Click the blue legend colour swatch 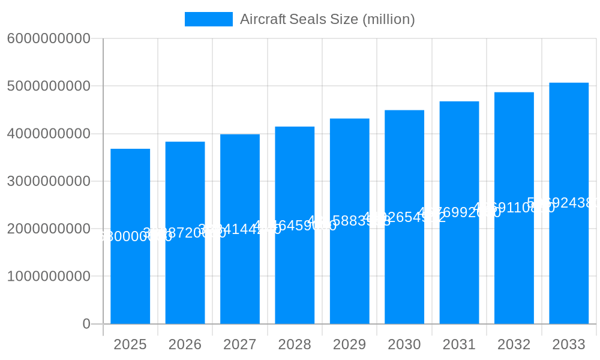coord(208,19)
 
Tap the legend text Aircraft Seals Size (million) coord(327,19)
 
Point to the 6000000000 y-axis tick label coord(49,38)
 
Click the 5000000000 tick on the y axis coord(49,86)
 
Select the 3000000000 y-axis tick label coord(49,181)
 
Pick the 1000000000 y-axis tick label coord(49,277)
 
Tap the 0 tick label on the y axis coord(86,324)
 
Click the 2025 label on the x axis coord(130,344)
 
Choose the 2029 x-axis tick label coord(350,344)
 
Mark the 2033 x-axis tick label coord(569,344)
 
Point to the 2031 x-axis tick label coord(459,344)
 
